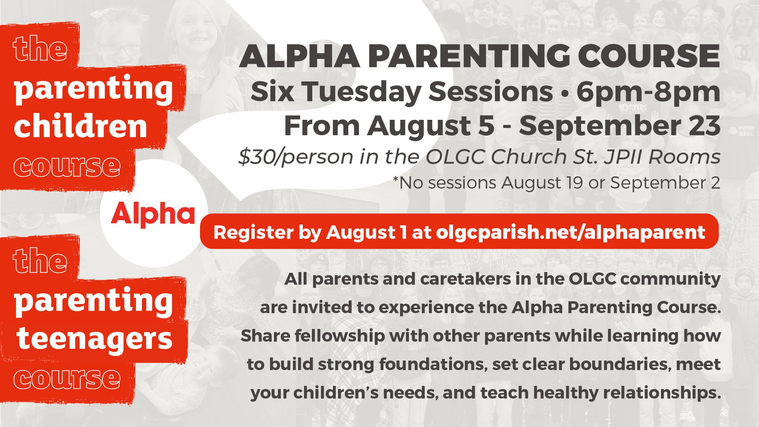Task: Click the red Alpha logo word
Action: [153, 215]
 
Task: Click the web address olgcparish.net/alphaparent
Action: [570, 232]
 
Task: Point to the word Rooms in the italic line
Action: [684, 157]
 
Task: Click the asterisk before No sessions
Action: [396, 179]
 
